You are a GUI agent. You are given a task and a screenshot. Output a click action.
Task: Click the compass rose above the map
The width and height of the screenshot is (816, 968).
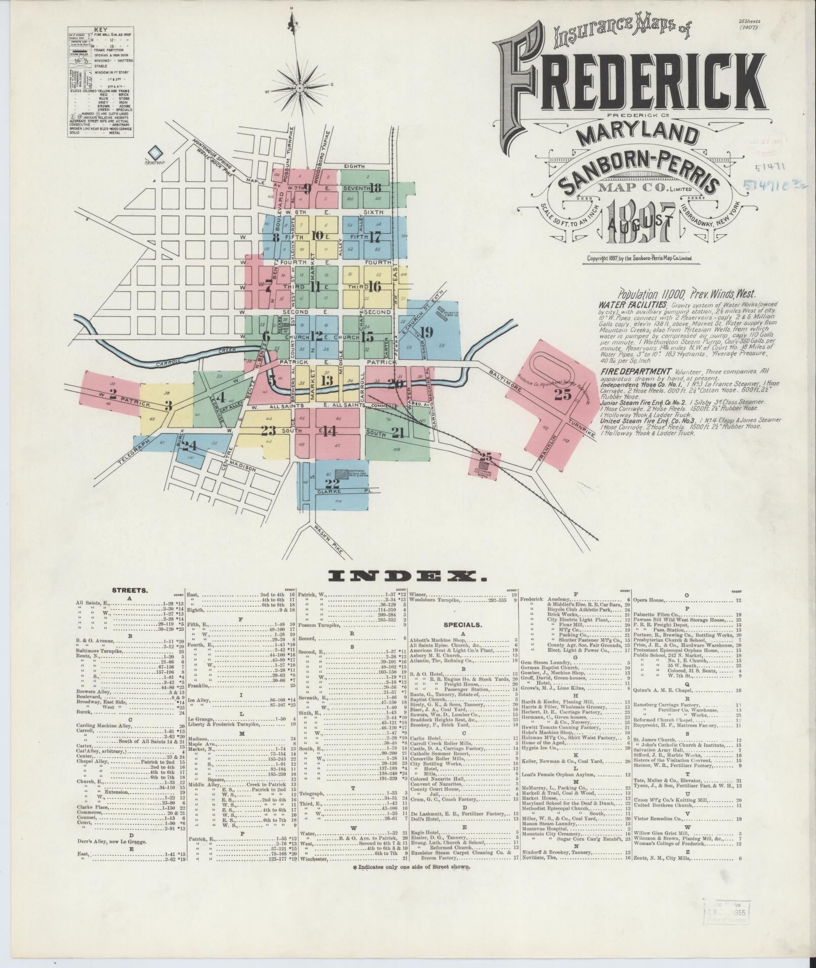pyautogui.click(x=299, y=88)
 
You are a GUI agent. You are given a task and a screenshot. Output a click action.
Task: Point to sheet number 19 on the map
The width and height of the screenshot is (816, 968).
pyautogui.click(x=426, y=332)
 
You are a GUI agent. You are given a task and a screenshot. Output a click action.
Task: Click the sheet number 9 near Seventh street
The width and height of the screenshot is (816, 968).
pyautogui.click(x=307, y=189)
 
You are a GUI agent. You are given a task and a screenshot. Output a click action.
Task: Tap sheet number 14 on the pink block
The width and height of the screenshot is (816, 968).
pyautogui.click(x=329, y=431)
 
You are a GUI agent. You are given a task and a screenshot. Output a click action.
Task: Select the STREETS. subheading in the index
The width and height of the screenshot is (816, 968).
pyautogui.click(x=130, y=590)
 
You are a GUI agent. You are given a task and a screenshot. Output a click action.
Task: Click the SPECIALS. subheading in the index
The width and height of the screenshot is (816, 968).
pyautogui.click(x=463, y=624)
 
